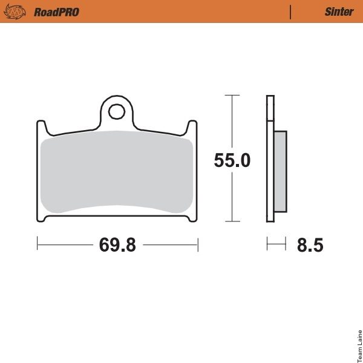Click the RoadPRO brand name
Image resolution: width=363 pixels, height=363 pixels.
(x=56, y=12)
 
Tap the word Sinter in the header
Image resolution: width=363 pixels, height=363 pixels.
(x=339, y=11)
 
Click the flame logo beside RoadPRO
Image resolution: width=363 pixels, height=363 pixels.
(x=15, y=11)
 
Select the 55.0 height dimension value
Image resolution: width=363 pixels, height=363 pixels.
(x=232, y=160)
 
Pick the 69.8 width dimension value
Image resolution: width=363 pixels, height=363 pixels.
(x=117, y=244)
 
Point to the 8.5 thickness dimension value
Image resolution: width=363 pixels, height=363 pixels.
(x=310, y=245)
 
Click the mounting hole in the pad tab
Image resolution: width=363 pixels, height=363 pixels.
(x=117, y=112)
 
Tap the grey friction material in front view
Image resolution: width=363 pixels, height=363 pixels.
(x=117, y=172)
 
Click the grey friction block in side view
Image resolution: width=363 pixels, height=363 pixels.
(x=280, y=172)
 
